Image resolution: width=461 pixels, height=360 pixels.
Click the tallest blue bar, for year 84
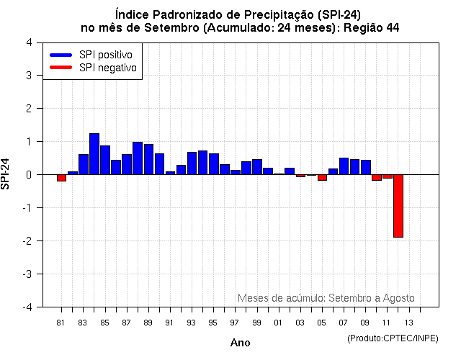click(x=94, y=154)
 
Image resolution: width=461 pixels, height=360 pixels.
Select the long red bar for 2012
click(x=398, y=205)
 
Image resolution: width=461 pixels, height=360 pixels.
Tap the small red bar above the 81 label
click(x=62, y=178)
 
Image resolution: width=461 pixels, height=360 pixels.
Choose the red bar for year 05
click(x=322, y=177)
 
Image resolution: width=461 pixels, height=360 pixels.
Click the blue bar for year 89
click(x=148, y=159)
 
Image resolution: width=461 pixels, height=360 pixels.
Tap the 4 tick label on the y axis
click(x=30, y=42)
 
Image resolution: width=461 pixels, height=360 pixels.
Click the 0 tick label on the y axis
click(x=30, y=174)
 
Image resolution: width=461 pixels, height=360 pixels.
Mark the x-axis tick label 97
click(x=235, y=322)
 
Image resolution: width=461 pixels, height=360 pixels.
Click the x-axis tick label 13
click(x=408, y=322)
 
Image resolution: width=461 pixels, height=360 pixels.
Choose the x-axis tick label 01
click(x=278, y=322)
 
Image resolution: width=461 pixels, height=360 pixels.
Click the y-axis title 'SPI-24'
click(x=7, y=174)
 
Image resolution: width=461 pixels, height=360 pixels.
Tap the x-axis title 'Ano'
click(x=240, y=343)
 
